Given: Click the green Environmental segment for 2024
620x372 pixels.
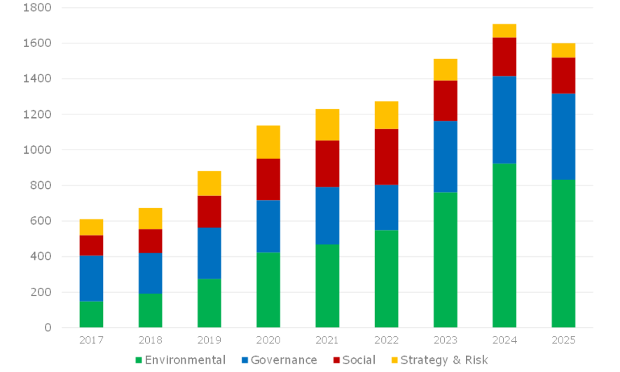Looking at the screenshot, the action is [504, 246].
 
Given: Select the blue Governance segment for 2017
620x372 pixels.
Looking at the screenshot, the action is [91, 278].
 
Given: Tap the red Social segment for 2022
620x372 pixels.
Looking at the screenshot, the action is [386, 157].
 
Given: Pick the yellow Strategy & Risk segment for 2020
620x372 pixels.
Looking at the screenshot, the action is [268, 142].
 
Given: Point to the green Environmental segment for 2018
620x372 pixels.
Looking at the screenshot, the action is [150, 311].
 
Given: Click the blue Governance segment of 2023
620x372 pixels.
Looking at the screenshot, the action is [446, 157].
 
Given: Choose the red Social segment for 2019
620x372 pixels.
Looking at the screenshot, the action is [209, 211].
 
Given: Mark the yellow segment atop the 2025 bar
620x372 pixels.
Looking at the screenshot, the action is [563, 51].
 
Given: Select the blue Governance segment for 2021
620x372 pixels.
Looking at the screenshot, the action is [327, 215].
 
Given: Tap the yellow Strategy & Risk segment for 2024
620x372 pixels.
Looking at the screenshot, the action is [504, 31].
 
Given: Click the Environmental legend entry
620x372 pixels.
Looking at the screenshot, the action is [180, 360].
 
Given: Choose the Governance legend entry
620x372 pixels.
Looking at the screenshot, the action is [279, 360].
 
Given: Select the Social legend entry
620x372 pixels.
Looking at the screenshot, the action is [354, 360].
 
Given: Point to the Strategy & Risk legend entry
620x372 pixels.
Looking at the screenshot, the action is [439, 360].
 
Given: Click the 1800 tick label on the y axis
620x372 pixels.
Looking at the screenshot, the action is [37, 8].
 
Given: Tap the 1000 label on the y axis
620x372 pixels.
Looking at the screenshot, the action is [37, 150].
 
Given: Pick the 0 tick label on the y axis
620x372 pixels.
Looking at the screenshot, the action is [48, 328].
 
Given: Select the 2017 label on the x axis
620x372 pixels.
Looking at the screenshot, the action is [91, 340].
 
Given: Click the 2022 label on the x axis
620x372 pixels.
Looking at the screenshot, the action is [386, 340].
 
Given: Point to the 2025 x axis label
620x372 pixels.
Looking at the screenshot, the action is [563, 340].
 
